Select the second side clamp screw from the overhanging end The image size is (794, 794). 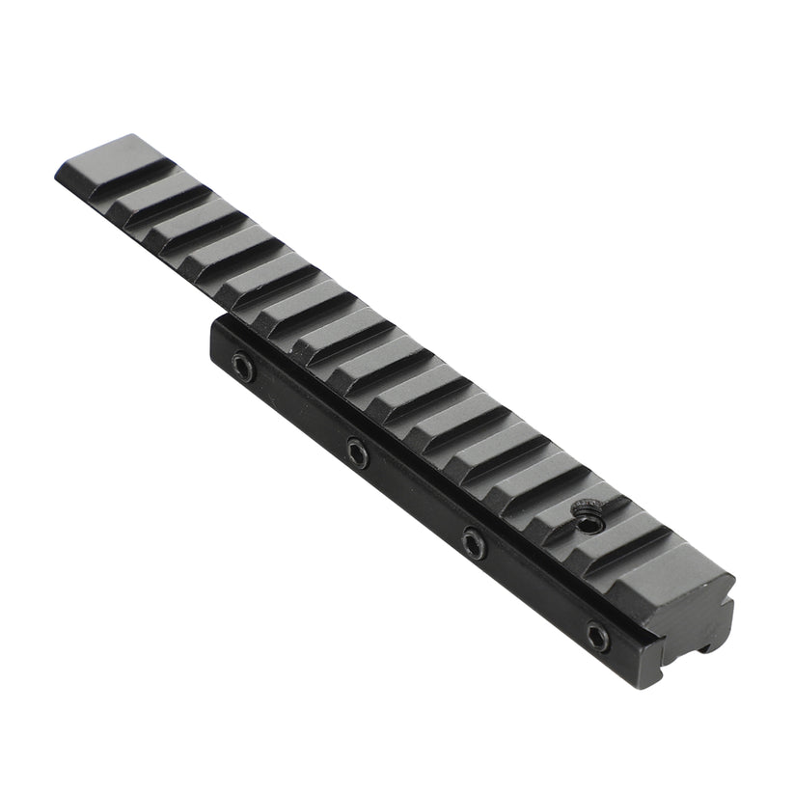(357, 451)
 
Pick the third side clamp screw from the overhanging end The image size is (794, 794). (473, 541)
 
